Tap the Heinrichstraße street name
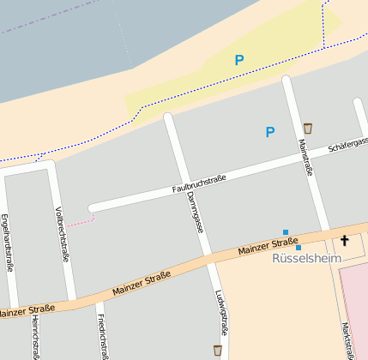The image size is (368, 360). coord(35,336)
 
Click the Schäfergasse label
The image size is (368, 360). coord(347,145)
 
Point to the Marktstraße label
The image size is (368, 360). coord(347,340)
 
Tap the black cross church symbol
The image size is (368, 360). coord(345,241)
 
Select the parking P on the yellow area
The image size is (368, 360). coord(239,60)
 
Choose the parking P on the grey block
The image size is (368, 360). coord(269,132)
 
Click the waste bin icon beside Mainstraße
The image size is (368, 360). coord(307,129)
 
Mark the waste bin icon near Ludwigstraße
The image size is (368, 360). coord(218,350)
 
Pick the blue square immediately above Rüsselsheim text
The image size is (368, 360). coord(299,248)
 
